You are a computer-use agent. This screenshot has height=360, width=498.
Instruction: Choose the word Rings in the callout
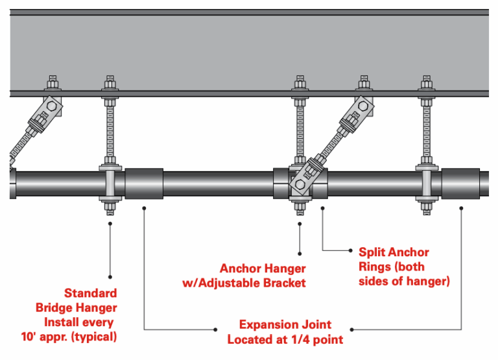375,267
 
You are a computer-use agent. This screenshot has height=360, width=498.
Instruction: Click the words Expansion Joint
285,324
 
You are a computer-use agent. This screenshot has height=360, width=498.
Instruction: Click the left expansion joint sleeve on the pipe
143,185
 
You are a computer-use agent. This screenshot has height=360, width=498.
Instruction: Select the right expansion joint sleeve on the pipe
460,185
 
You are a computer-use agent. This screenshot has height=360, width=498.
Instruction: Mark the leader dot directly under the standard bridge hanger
110,224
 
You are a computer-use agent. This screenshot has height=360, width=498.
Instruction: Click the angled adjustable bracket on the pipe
304,178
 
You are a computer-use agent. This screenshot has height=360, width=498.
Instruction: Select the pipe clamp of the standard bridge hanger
110,185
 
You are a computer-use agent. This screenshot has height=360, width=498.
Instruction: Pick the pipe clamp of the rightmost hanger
426,185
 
